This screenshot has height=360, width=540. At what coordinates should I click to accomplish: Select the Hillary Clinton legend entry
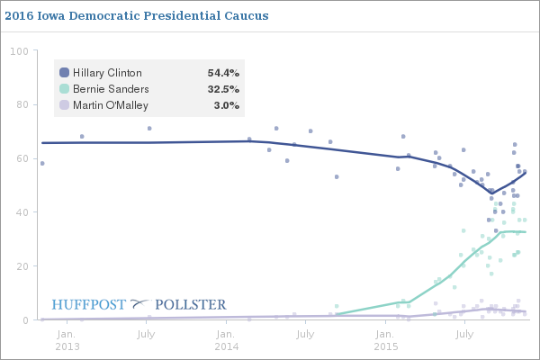click(106, 73)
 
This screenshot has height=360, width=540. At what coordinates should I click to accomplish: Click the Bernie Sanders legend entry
click(110, 89)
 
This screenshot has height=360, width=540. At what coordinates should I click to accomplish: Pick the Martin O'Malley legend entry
click(112, 105)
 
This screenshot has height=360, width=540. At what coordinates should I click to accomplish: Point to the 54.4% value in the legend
click(223, 73)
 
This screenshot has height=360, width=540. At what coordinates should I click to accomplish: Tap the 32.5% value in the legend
click(223, 89)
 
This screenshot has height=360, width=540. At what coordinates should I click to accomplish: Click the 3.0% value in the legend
click(227, 105)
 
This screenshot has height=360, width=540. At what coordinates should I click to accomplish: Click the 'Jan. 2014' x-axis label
click(227, 340)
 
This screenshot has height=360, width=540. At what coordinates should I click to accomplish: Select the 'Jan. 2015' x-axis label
click(385, 340)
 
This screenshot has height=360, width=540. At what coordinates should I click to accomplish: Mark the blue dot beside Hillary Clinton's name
click(64, 73)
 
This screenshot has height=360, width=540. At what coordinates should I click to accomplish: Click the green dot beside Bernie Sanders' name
click(64, 89)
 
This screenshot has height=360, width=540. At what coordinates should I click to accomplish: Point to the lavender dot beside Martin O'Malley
click(64, 105)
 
